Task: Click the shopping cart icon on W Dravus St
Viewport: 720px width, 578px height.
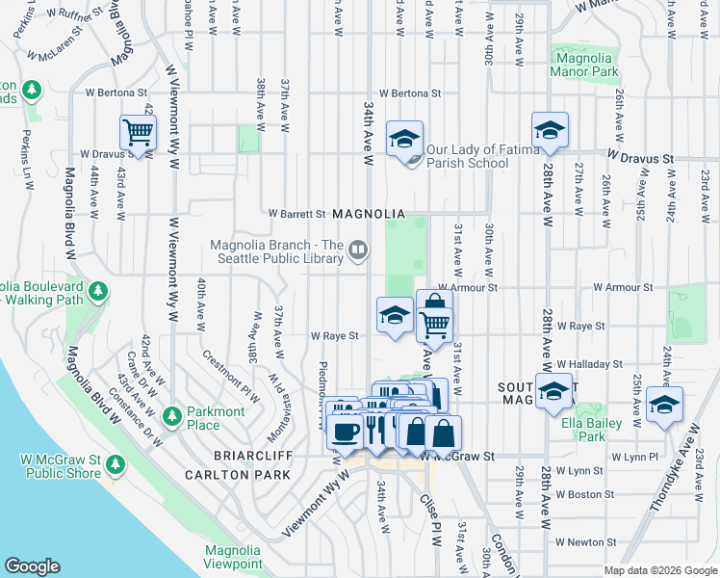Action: tap(139, 133)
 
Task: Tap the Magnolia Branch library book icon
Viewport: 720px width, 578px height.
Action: tap(358, 251)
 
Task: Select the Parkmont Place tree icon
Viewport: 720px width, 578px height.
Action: tap(172, 417)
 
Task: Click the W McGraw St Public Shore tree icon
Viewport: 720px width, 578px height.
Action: tap(116, 465)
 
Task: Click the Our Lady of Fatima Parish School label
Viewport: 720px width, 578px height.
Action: tap(467, 156)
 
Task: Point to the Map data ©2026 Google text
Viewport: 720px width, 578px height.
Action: tap(659, 570)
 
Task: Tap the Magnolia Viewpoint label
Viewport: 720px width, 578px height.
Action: tap(232, 557)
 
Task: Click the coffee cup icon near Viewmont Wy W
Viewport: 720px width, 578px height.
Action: tap(346, 432)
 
